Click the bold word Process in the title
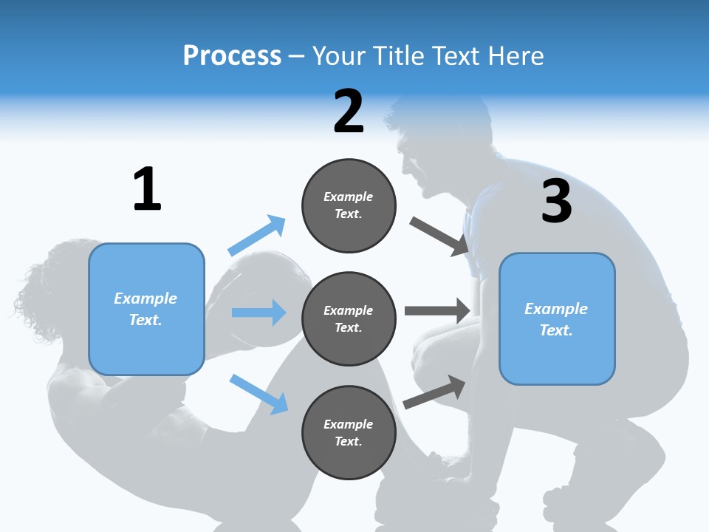coord(232,55)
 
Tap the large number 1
coord(147,189)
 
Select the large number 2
coord(349,111)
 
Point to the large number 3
coord(556,201)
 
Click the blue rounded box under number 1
coord(146,309)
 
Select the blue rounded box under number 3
coord(557,318)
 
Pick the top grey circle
coord(349,205)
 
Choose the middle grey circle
coord(349,318)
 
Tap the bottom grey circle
coord(349,432)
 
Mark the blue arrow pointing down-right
coord(259,394)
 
